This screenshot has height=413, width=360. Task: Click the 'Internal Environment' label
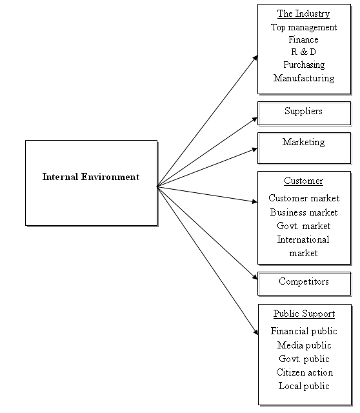(x=91, y=177)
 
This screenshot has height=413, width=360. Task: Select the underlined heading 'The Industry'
(x=303, y=14)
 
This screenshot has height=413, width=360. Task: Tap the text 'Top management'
(x=304, y=27)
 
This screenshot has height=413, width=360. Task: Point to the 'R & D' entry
(x=304, y=52)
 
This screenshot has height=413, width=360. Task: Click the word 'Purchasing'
(x=304, y=65)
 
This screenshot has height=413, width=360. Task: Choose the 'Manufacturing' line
(x=304, y=78)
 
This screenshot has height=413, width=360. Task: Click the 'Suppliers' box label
(x=303, y=111)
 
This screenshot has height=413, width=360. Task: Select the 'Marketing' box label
(x=304, y=142)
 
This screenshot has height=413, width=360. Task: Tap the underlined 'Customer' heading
(x=303, y=181)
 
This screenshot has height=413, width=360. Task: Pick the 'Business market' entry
(x=304, y=212)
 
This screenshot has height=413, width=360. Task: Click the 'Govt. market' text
(x=304, y=226)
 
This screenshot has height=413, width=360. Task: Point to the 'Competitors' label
(x=304, y=281)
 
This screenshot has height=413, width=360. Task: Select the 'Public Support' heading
(x=304, y=314)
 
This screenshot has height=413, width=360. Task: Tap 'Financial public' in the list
(x=304, y=331)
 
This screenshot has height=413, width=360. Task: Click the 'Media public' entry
(x=304, y=345)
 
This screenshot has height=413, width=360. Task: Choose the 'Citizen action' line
(x=305, y=372)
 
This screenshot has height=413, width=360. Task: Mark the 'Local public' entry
(x=304, y=386)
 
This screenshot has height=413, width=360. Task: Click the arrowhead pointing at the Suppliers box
(x=255, y=120)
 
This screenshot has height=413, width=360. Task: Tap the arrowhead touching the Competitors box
(x=255, y=277)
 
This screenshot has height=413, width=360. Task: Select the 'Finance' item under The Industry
(x=303, y=39)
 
